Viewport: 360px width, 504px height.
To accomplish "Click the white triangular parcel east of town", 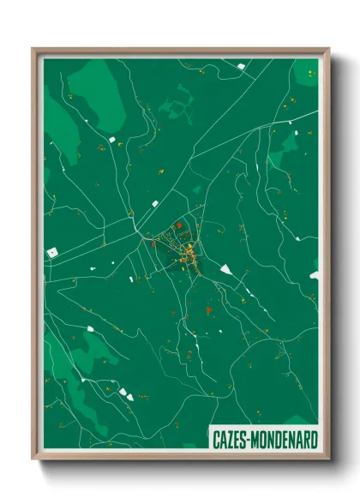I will [x=226, y=270].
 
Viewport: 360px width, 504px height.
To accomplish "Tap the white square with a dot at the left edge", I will [x=53, y=252].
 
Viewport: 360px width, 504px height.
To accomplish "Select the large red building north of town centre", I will [x=179, y=225].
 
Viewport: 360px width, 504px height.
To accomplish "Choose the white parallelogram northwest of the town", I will [x=155, y=204].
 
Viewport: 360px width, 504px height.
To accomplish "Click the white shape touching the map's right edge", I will [x=314, y=276].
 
